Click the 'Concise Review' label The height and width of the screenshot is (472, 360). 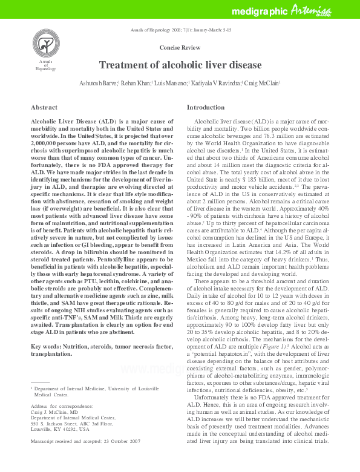[x=180, y=47]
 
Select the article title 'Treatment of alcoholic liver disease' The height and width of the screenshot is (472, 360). [x=180, y=65]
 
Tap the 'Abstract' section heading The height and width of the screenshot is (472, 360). [x=44, y=107]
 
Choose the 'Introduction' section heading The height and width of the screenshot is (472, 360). [x=205, y=107]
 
